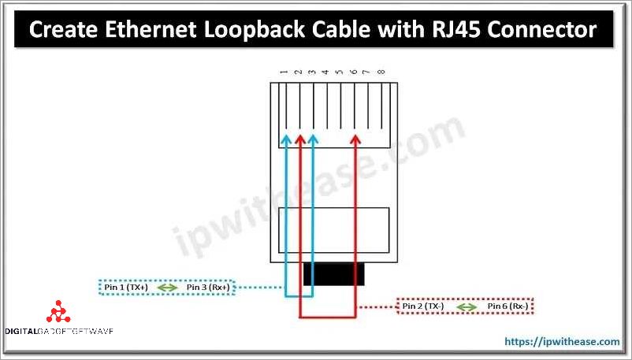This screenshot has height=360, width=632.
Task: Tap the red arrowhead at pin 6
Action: pyautogui.click(x=355, y=139)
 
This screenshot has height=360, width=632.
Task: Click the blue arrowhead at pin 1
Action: pyautogui.click(x=286, y=139)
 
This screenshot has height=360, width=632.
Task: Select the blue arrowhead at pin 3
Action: pyautogui.click(x=313, y=139)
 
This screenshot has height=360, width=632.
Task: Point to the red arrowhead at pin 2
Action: pyautogui.click(x=299, y=139)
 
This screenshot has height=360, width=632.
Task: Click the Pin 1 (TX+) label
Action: pyautogui.click(x=126, y=288)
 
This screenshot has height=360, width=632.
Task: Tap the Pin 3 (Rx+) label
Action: pyautogui.click(x=208, y=288)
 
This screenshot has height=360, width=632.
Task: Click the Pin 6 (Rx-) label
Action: pyautogui.click(x=507, y=306)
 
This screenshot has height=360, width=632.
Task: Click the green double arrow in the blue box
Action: pyautogui.click(x=167, y=288)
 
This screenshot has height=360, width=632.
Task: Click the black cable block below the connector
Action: pyautogui.click(x=334, y=273)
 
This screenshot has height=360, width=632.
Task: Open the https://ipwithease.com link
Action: pyautogui.click(x=562, y=341)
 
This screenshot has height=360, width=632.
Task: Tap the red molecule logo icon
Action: pyautogui.click(x=58, y=314)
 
